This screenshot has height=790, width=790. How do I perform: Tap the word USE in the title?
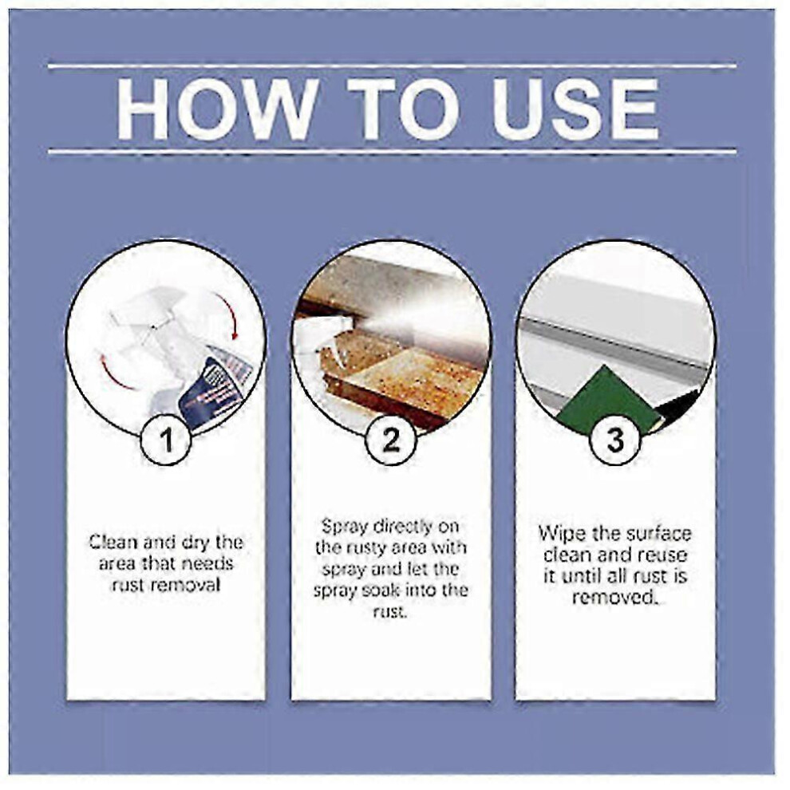[576, 109]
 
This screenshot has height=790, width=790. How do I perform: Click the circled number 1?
[166, 440]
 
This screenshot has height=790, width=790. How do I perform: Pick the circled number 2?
[390, 440]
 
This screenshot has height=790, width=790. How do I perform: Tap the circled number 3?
[614, 440]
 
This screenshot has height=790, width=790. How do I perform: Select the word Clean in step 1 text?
[113, 542]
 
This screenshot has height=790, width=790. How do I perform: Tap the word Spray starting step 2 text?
[345, 527]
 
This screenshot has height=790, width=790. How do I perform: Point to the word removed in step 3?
[614, 598]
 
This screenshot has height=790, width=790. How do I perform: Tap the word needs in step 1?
[207, 563]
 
